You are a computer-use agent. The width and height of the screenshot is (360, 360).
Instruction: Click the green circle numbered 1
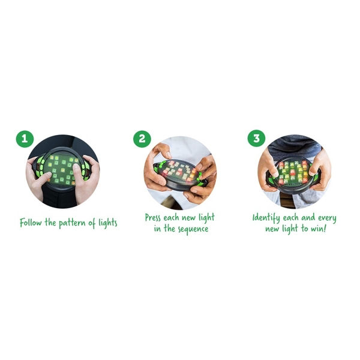tap(25, 139)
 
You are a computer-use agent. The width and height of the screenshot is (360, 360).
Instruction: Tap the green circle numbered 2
tap(142, 139)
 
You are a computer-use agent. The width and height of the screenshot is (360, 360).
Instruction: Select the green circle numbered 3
tap(256, 138)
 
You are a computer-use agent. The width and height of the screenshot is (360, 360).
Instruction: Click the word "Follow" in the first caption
tap(31, 223)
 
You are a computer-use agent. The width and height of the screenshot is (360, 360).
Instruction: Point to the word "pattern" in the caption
tap(72, 223)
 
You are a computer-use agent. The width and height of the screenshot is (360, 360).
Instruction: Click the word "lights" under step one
tap(108, 223)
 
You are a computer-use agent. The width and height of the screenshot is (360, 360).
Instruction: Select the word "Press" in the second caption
tap(152, 217)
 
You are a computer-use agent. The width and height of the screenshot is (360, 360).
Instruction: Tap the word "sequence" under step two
tap(193, 229)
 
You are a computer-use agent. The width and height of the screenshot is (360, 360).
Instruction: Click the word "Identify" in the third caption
tap(266, 218)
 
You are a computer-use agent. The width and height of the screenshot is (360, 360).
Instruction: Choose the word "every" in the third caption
tap(327, 218)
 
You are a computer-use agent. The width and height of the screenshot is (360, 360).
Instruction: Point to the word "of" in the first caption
tap(92, 223)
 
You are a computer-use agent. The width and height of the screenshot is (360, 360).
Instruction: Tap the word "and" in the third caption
tap(308, 217)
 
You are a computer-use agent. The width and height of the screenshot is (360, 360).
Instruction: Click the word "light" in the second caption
tap(206, 218)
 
